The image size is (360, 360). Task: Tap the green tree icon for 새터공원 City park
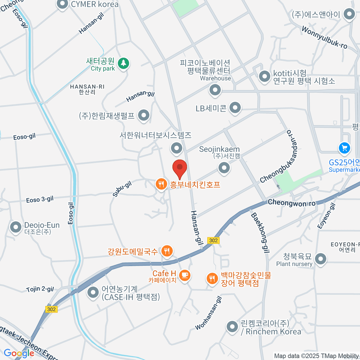(x=123, y=63)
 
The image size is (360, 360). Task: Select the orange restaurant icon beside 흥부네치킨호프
(x=161, y=184)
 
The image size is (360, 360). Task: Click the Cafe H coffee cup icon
(x=184, y=275)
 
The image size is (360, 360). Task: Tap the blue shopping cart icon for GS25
(x=344, y=148)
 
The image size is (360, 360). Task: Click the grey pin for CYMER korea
(x=63, y=4)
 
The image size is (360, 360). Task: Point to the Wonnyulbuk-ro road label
(x=324, y=37)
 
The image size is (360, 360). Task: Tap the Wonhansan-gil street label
(x=209, y=313)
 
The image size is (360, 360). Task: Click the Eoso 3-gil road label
(x=40, y=199)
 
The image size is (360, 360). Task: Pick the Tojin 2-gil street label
(x=40, y=289)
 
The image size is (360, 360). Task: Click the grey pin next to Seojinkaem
(x=224, y=168)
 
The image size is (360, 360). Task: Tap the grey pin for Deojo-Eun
(x=16, y=227)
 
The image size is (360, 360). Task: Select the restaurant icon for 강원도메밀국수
(x=167, y=251)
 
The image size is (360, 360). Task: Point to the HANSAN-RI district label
(x=87, y=89)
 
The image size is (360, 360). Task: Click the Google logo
(x=19, y=353)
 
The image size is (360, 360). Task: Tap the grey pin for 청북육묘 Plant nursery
(x=321, y=259)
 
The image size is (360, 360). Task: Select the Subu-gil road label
(x=122, y=189)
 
